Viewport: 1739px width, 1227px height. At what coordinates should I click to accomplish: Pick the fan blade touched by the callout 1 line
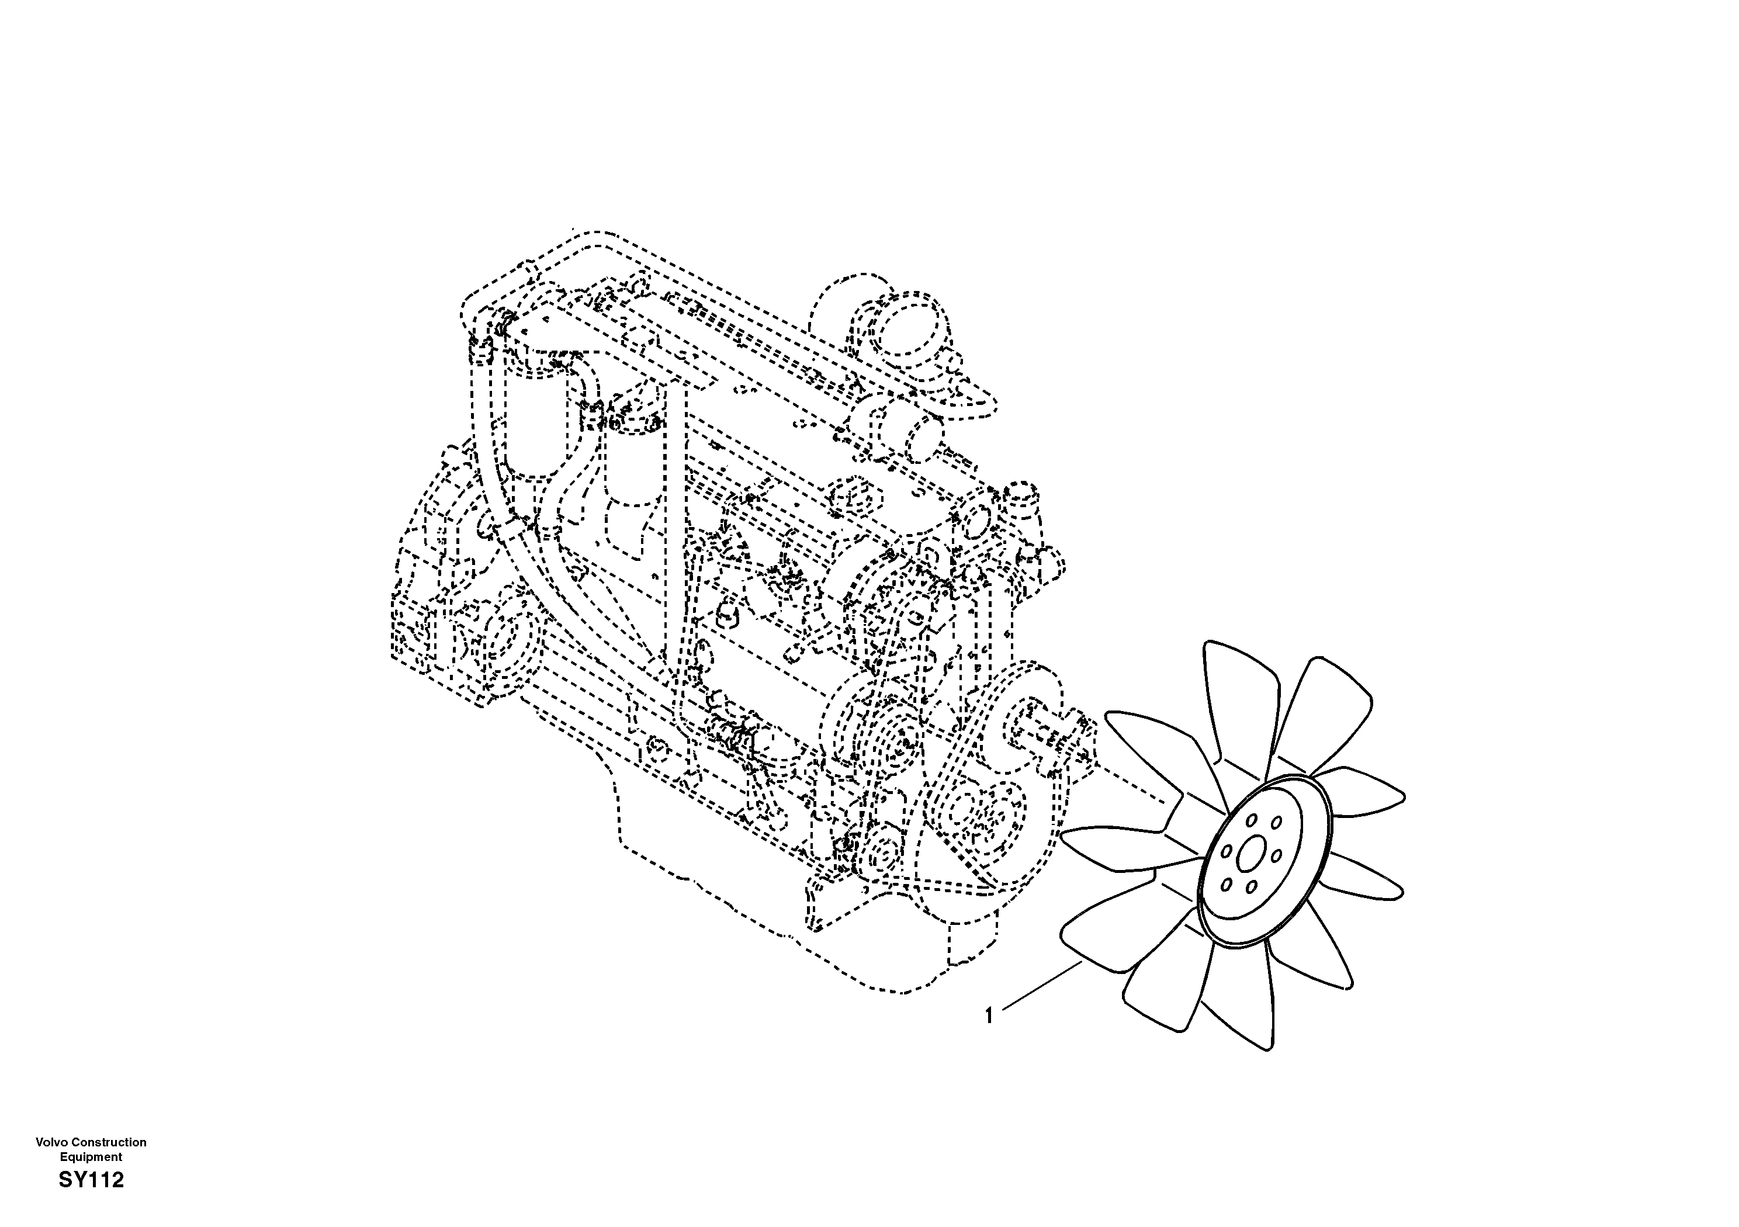(x=1113, y=935)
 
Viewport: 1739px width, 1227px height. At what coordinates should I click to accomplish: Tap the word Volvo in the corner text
(x=51, y=1142)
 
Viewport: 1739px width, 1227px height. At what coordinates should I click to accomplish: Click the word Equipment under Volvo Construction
(x=91, y=1156)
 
